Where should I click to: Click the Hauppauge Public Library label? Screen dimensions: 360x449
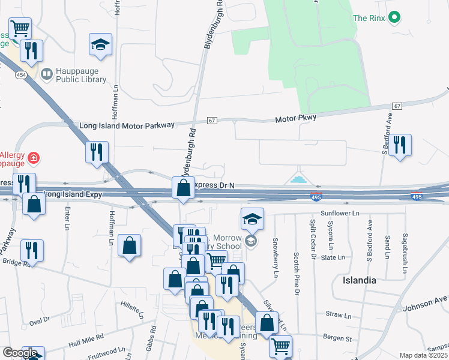81,75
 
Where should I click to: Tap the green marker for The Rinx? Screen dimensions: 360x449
394,18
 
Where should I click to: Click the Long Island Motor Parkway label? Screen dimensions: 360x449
127,125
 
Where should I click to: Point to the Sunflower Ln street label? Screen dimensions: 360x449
340,213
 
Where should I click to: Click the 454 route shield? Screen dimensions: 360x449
21,74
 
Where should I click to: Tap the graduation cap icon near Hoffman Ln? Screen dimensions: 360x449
101,45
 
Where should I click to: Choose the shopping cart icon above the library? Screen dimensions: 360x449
20,28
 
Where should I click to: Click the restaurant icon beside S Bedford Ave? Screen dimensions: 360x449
400,145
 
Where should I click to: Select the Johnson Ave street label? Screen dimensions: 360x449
427,300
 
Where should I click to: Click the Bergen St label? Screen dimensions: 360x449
339,340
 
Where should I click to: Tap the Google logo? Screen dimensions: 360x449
20,353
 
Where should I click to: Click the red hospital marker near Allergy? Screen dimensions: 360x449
35,158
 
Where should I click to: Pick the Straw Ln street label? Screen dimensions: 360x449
338,314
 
